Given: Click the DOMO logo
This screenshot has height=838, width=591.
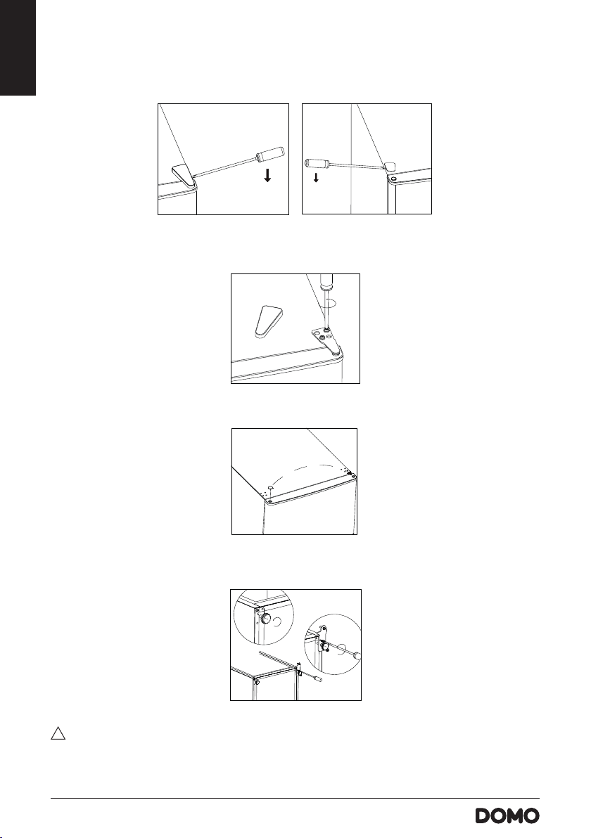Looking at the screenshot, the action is [x=507, y=816].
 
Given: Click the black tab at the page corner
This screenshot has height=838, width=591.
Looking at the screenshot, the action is [x=18, y=48].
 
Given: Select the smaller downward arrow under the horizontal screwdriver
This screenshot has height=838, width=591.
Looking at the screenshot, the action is [x=316, y=177].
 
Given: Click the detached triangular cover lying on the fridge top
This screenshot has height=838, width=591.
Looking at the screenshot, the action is [x=266, y=322].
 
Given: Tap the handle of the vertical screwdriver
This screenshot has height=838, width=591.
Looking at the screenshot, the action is [x=326, y=282].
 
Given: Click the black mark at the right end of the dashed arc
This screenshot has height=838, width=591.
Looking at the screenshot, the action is [x=349, y=473].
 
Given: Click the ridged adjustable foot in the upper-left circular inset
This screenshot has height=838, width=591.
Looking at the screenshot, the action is [x=265, y=619].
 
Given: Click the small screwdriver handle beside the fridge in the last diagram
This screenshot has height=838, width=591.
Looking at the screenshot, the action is [x=318, y=678].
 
